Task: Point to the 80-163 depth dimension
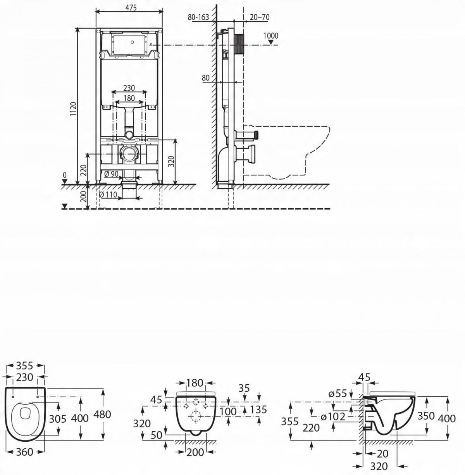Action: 198,17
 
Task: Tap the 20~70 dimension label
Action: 260,17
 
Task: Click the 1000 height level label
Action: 270,36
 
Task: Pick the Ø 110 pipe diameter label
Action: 108,194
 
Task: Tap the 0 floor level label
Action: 65,176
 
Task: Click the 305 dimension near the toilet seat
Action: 58,418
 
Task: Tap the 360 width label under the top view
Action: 25,452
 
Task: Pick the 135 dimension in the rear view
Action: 258,409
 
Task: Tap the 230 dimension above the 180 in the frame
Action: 129,88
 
